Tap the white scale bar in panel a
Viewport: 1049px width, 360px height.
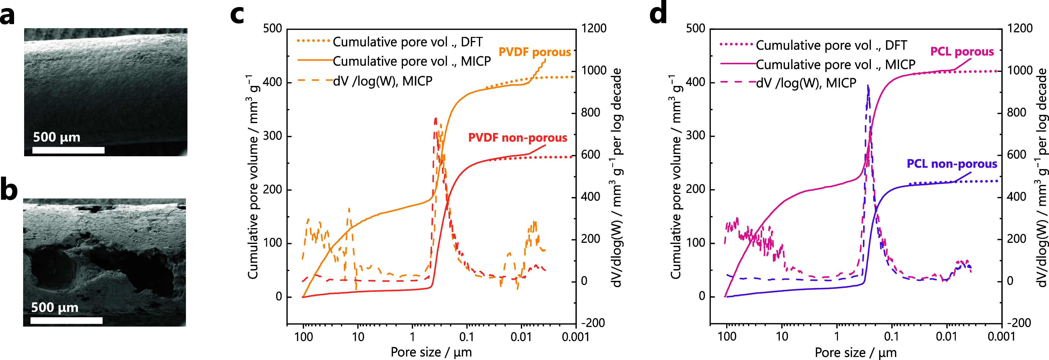click(68, 150)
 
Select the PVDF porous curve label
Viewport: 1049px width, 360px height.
click(535, 52)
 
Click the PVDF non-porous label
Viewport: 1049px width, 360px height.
click(518, 138)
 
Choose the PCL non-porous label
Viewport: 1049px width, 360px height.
click(952, 164)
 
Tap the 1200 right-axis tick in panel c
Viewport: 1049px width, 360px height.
click(594, 28)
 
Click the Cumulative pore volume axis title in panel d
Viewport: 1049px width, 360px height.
click(676, 177)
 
